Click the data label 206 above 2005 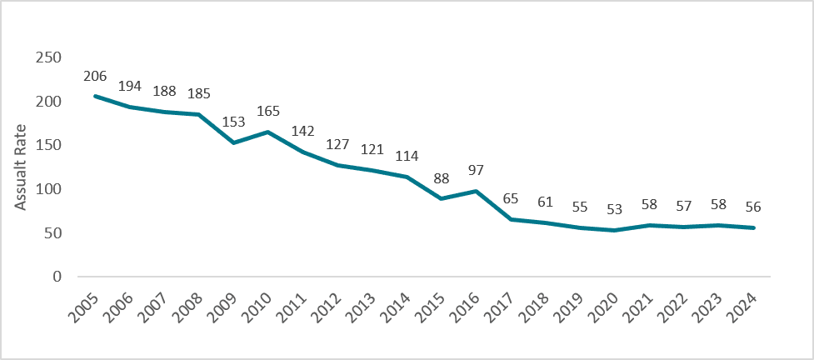[95, 76]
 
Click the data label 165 [268, 111]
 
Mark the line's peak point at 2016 [476, 191]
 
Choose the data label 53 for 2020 [615, 210]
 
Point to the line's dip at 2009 [233, 142]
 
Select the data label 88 [442, 177]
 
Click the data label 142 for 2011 [303, 131]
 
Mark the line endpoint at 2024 [753, 227]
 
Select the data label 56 [753, 207]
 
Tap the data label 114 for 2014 [407, 156]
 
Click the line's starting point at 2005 [95, 96]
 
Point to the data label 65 [511, 198]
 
